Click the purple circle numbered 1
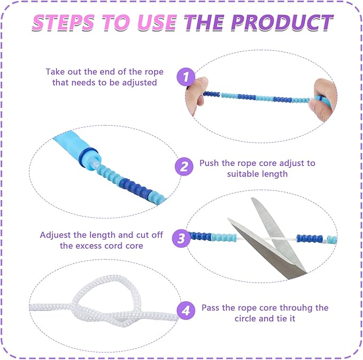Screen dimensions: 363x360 (x=186, y=76)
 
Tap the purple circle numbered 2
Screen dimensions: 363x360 (x=184, y=166)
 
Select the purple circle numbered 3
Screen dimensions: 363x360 (x=181, y=239)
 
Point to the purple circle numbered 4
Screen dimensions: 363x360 (x=186, y=310)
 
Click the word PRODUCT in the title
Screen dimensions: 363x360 (x=282, y=22)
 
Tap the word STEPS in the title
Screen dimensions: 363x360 (x=64, y=22)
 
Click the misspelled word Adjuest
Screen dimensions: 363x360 (x=55, y=235)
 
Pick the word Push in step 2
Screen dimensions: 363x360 (x=209, y=163)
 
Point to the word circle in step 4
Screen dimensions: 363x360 (x=245, y=318)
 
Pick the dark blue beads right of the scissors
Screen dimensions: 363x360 (x=310, y=239)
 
